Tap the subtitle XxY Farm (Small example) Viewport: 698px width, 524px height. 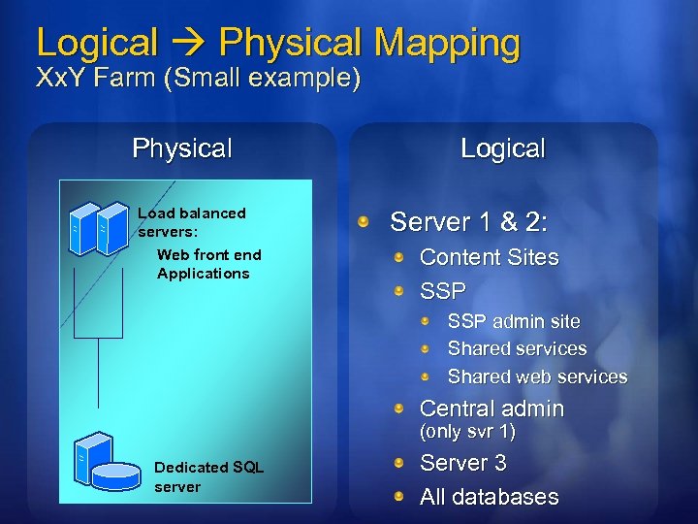(198, 79)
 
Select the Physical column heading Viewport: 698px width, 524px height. (182, 148)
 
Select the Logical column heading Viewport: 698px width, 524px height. (503, 148)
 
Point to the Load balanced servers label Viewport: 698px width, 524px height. (192, 222)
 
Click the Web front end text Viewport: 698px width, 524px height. (208, 254)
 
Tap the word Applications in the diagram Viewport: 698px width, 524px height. (203, 274)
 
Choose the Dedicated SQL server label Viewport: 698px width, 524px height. (208, 477)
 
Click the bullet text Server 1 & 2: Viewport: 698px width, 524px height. (468, 222)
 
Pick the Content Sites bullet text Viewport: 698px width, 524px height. (489, 257)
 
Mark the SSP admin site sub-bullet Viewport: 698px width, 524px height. (514, 321)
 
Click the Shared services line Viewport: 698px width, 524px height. (517, 348)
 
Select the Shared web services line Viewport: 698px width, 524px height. (537, 377)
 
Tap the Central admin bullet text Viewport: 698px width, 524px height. (492, 409)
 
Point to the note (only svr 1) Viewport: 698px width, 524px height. (466, 431)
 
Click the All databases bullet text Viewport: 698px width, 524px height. (489, 497)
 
